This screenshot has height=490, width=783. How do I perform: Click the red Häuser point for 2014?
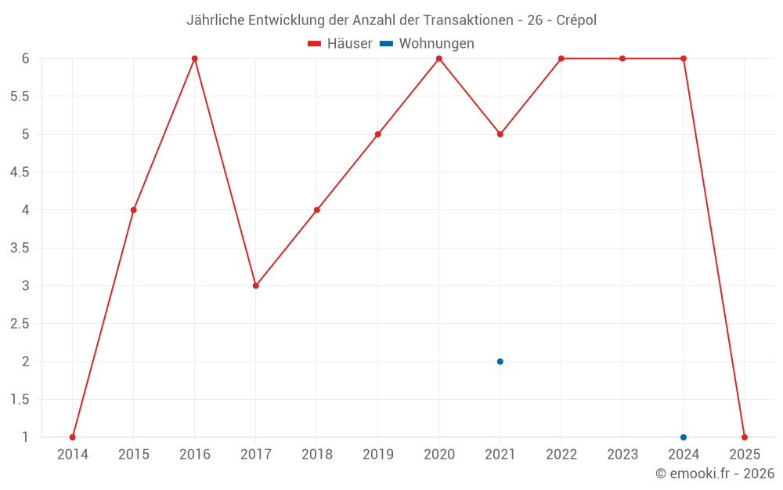pyautogui.click(x=73, y=437)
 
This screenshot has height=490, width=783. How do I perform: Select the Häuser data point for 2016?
pyautogui.click(x=195, y=59)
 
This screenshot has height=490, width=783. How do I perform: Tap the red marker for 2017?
pyautogui.click(x=256, y=286)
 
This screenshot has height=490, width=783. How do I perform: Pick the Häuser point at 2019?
pyautogui.click(x=378, y=134)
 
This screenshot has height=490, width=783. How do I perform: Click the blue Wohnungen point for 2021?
pyautogui.click(x=500, y=361)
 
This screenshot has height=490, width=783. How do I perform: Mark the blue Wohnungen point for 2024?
pyautogui.click(x=684, y=437)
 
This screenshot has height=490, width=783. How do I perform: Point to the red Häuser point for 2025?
pyautogui.click(x=745, y=437)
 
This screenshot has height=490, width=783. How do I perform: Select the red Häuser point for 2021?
pyautogui.click(x=500, y=134)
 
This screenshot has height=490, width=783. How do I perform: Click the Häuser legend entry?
pyautogui.click(x=340, y=44)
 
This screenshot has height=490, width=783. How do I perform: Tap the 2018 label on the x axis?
pyautogui.click(x=317, y=455)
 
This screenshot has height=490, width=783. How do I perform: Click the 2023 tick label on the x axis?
pyautogui.click(x=622, y=455)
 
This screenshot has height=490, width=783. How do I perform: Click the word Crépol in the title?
pyautogui.click(x=576, y=20)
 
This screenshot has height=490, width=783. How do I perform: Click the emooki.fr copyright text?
pyautogui.click(x=715, y=474)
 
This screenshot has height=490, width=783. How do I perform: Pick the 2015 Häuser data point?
pyautogui.click(x=134, y=210)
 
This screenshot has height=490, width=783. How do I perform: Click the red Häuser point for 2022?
pyautogui.click(x=561, y=59)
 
